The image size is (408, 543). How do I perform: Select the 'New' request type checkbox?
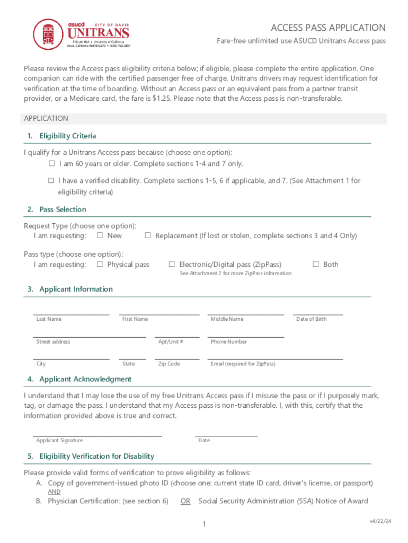tap(100, 236)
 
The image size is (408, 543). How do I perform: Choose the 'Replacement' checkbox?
tap(148, 236)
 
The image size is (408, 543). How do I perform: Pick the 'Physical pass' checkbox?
tap(100, 265)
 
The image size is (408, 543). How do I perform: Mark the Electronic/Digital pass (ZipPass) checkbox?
tap(172, 265)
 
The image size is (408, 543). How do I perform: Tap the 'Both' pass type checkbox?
tap(316, 265)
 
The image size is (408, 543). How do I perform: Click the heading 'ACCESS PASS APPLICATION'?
tap(328, 28)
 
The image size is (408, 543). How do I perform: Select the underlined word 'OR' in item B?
tap(185, 501)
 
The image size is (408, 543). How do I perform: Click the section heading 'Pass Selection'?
tap(63, 209)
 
